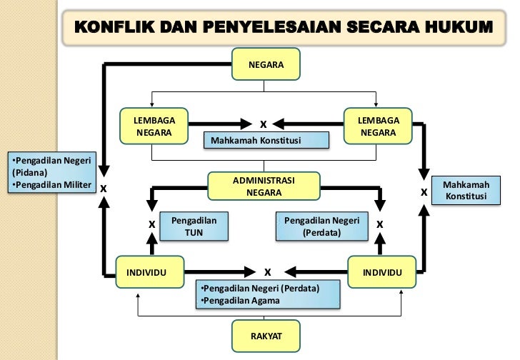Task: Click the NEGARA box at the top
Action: (x=266, y=65)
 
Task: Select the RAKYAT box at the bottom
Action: (x=266, y=334)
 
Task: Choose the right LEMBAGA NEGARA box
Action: (x=378, y=126)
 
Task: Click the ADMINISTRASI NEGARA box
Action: (x=264, y=186)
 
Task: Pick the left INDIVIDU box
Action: (x=148, y=273)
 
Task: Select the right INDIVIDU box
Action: (x=381, y=273)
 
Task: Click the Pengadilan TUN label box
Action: (x=189, y=226)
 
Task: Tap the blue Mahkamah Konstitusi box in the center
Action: (x=266, y=140)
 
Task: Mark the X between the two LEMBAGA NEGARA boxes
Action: (x=264, y=123)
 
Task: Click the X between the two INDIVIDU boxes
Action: (x=267, y=272)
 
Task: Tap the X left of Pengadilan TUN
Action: (x=151, y=224)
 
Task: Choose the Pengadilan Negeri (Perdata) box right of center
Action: (x=321, y=226)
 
